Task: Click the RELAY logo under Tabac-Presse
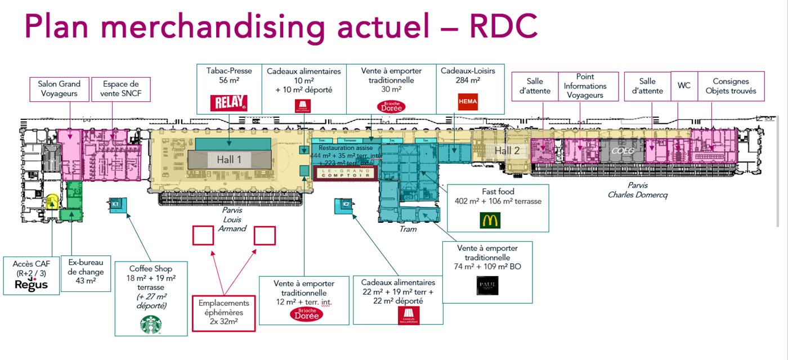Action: [x=229, y=103]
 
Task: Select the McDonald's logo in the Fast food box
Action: [x=490, y=220]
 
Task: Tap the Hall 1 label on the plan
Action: [x=229, y=160]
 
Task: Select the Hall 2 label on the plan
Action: [x=507, y=151]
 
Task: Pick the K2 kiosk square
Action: [x=346, y=205]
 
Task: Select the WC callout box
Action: [x=684, y=86]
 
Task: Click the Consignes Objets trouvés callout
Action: [x=731, y=86]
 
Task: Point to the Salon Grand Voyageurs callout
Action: [x=59, y=89]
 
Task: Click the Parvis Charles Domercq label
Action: [x=637, y=190]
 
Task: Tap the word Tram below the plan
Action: [x=408, y=229]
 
